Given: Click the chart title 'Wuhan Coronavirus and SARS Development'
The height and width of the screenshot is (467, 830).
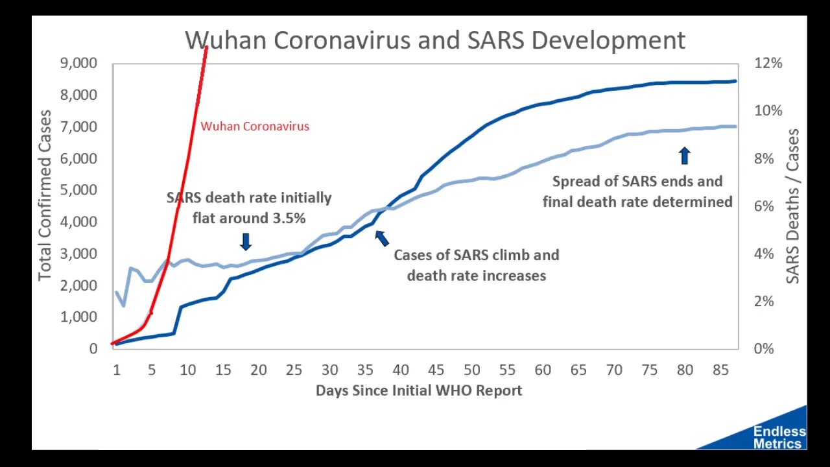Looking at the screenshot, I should point(434,40).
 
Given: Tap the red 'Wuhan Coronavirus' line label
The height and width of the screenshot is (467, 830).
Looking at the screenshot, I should point(255,126).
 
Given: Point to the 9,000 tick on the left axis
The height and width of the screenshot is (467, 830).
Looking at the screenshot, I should point(79,64).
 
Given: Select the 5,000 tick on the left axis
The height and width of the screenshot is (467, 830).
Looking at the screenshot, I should point(79,190).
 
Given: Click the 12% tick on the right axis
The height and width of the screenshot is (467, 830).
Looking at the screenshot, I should point(768,64).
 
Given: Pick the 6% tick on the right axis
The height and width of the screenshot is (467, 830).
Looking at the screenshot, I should point(768,206).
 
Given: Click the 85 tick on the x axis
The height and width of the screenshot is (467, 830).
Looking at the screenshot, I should point(720,370).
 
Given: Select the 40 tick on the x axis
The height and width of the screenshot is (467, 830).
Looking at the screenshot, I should point(401,370).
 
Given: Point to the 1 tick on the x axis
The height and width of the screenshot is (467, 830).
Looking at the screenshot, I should point(117,370).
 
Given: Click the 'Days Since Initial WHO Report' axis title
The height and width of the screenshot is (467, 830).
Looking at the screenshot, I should point(419,390).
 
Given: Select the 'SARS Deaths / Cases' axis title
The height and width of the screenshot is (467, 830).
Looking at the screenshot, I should point(793,206).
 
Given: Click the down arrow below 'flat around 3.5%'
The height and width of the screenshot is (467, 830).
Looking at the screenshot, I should point(246,242).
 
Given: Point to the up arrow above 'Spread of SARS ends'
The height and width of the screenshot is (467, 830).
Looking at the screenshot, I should point(685,156).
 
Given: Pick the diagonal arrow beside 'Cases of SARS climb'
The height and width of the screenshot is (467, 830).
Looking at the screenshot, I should point(382,237).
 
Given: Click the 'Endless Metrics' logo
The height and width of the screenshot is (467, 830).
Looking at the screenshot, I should point(779,437).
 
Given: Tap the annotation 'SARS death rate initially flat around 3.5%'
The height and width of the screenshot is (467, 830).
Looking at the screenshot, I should point(249,208).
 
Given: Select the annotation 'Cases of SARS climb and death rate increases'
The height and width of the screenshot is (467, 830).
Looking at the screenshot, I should point(476,265).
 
